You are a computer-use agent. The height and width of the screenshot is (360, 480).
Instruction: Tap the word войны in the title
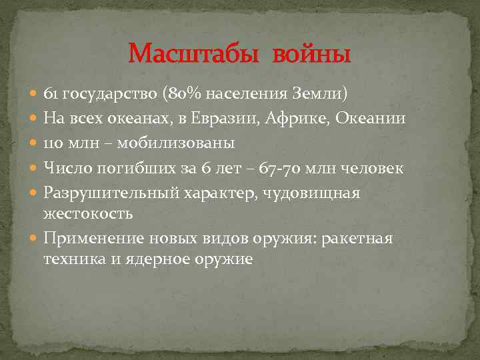pos(310,53)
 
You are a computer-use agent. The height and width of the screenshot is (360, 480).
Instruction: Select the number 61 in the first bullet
pos(51,93)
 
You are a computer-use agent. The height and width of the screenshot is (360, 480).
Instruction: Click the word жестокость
pos(88,213)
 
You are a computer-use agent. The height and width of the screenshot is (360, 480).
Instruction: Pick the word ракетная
pos(357,239)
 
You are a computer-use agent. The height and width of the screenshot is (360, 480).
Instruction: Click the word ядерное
pos(157,259)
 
